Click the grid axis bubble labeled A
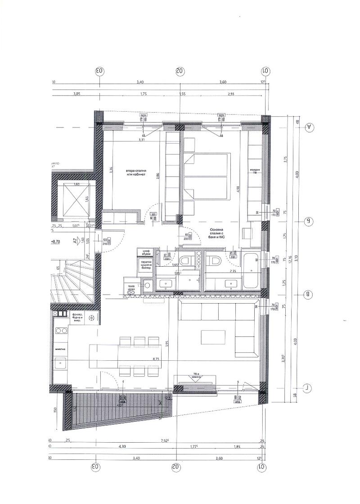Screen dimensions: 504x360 (309, 127)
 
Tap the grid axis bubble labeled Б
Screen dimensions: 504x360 (309, 221)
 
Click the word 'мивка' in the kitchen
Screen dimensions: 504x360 (61, 349)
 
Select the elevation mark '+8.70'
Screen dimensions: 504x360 (56, 241)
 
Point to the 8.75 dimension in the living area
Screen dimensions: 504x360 (156, 359)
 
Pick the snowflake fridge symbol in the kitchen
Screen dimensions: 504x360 (92, 318)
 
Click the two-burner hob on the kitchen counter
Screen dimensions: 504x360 (61, 331)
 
